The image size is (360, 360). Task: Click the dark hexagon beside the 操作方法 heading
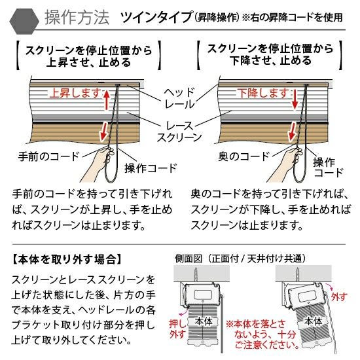point(24,21)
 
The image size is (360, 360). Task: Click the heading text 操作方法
point(77,18)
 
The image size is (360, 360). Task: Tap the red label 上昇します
point(75,93)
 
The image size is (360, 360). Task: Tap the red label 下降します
point(263,93)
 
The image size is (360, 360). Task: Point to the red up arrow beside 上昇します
point(106,100)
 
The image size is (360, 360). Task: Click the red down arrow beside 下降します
point(295,99)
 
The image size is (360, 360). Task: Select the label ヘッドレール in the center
point(179,98)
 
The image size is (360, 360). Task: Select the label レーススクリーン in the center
point(179,132)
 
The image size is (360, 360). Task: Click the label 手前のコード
point(48,156)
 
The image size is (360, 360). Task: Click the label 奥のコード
point(243,156)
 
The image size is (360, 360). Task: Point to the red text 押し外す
point(177,329)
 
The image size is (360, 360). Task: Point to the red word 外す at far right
point(339,297)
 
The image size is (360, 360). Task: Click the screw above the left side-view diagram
point(196,275)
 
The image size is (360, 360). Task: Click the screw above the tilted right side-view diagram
point(298,275)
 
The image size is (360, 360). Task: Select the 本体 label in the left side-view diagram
point(204,321)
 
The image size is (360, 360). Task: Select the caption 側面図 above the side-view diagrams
point(189,259)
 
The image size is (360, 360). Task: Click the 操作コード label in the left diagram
point(151,168)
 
